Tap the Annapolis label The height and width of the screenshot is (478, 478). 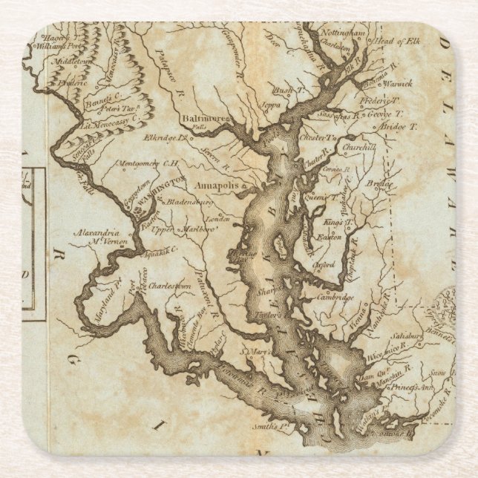click(x=215, y=185)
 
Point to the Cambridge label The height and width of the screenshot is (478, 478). click(x=336, y=296)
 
